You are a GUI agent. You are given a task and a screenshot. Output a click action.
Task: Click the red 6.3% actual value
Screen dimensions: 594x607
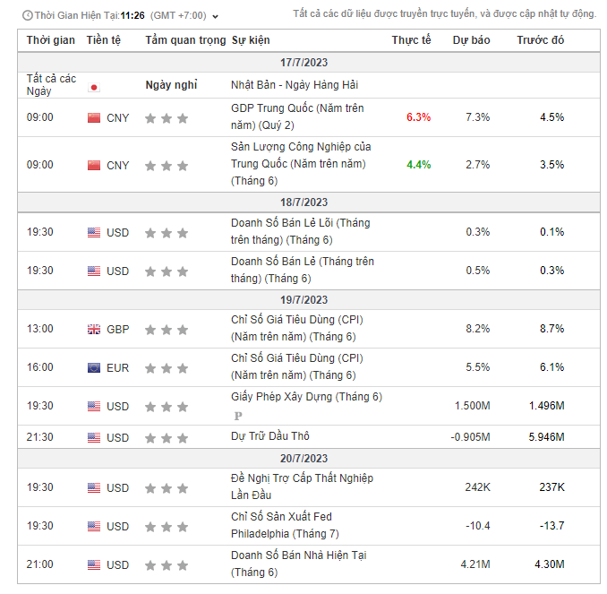tap(418, 117)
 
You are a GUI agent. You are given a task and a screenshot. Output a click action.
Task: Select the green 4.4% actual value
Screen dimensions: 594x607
tap(418, 165)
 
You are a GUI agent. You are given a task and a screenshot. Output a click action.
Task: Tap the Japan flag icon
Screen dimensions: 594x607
tap(94, 87)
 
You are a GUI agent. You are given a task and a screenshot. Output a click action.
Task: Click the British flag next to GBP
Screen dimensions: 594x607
tap(94, 329)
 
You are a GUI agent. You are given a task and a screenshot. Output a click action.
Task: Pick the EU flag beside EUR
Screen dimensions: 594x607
tap(94, 367)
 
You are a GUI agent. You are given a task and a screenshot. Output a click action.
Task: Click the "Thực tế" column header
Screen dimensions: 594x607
tap(411, 40)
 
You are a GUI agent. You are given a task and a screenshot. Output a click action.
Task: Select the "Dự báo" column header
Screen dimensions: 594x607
tap(471, 40)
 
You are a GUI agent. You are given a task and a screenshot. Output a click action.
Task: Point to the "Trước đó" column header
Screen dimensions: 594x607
tap(541, 40)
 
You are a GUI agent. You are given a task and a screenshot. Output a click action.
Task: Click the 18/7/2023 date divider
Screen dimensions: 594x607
tap(303, 202)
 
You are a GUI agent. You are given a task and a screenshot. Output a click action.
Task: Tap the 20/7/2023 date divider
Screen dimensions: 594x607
tap(303, 458)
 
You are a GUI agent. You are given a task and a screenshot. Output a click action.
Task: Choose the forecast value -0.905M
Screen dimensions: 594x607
tap(470, 437)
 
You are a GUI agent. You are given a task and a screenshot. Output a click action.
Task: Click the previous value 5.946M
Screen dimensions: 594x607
tap(546, 437)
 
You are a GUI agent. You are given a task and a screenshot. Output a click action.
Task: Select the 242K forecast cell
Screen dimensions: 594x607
tap(477, 487)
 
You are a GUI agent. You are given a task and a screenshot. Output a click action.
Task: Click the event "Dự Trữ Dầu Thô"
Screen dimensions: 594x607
tap(269, 436)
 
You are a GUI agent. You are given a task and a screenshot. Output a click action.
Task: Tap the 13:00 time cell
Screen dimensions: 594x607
tap(40, 329)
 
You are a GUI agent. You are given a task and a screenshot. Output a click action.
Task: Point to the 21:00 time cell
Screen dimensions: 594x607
tap(40, 564)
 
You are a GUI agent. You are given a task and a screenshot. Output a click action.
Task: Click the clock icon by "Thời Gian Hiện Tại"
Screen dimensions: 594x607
tap(28, 15)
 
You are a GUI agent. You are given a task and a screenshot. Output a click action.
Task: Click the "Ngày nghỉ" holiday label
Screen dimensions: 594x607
tap(171, 85)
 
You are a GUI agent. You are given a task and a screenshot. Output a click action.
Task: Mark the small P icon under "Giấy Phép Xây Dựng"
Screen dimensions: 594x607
tap(238, 416)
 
